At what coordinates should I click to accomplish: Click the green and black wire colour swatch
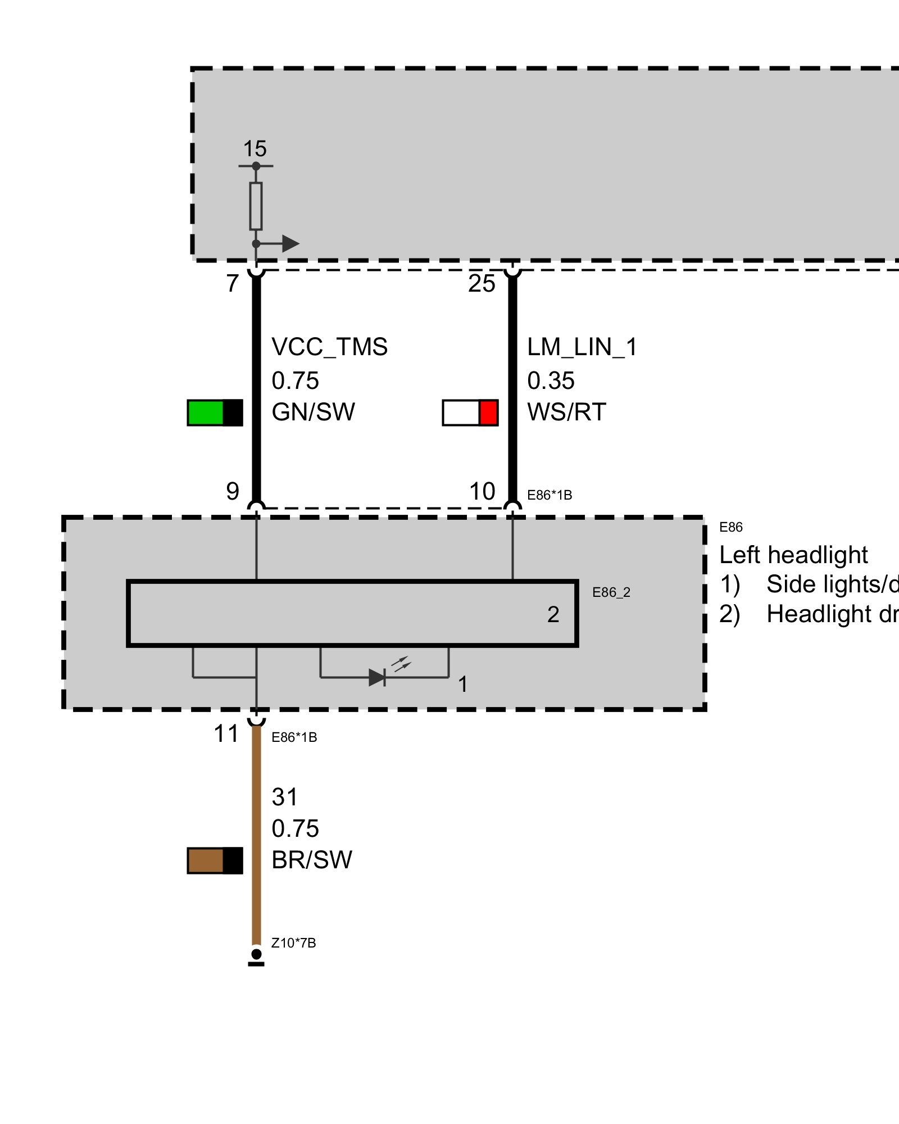click(x=215, y=413)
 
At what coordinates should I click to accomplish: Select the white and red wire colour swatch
click(x=470, y=413)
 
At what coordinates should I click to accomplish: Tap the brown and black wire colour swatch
click(x=215, y=860)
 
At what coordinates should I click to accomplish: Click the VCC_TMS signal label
click(x=329, y=347)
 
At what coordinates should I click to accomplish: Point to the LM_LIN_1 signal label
click(x=582, y=347)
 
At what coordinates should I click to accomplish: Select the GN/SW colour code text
click(x=313, y=412)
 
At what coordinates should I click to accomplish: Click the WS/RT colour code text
click(x=566, y=412)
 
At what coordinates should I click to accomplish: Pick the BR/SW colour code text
click(x=312, y=860)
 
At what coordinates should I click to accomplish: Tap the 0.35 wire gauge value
click(x=551, y=380)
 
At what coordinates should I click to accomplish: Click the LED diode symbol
click(x=378, y=677)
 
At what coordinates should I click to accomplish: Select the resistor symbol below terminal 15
click(x=256, y=206)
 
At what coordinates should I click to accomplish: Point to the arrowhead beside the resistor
click(x=290, y=243)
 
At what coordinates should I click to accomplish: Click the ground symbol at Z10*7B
click(x=256, y=958)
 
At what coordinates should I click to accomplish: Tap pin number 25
click(x=482, y=284)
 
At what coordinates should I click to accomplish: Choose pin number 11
click(x=226, y=734)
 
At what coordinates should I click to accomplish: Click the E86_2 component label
click(x=611, y=592)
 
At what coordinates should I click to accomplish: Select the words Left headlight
click(x=793, y=555)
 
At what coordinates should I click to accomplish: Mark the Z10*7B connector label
click(x=293, y=943)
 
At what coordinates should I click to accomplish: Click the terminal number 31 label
click(x=284, y=797)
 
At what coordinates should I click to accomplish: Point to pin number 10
click(x=482, y=492)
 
